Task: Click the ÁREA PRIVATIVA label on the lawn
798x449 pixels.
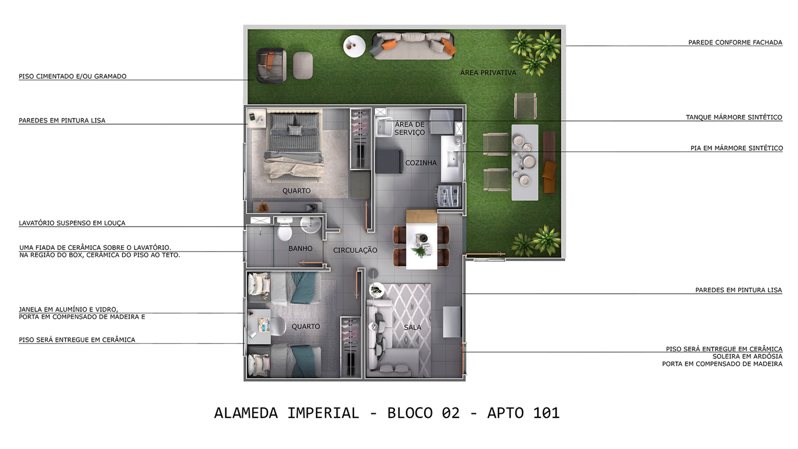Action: (x=488, y=73)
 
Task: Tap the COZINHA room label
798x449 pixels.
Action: (x=421, y=163)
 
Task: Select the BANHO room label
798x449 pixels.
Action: (x=300, y=248)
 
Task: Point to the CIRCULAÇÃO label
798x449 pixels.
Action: (x=355, y=250)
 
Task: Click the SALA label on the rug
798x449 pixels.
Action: (x=412, y=327)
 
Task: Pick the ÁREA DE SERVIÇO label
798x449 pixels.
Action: (x=410, y=128)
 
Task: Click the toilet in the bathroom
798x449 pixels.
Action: (x=284, y=230)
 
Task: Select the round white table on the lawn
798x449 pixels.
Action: (x=354, y=46)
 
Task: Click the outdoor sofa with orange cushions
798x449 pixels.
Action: (x=413, y=45)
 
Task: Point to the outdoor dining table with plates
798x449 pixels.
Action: (x=525, y=162)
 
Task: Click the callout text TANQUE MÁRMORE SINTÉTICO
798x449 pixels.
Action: (x=734, y=117)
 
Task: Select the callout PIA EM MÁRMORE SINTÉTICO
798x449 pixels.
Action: (x=736, y=148)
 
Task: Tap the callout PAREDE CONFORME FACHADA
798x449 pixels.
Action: (x=735, y=42)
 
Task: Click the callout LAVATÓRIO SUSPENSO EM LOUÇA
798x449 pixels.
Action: (x=72, y=223)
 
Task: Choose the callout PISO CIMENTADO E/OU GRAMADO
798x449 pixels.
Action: (x=73, y=76)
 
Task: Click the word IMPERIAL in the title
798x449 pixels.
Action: (x=322, y=413)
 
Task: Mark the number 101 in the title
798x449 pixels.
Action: (x=546, y=413)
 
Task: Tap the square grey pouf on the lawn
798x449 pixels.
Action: (x=303, y=65)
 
